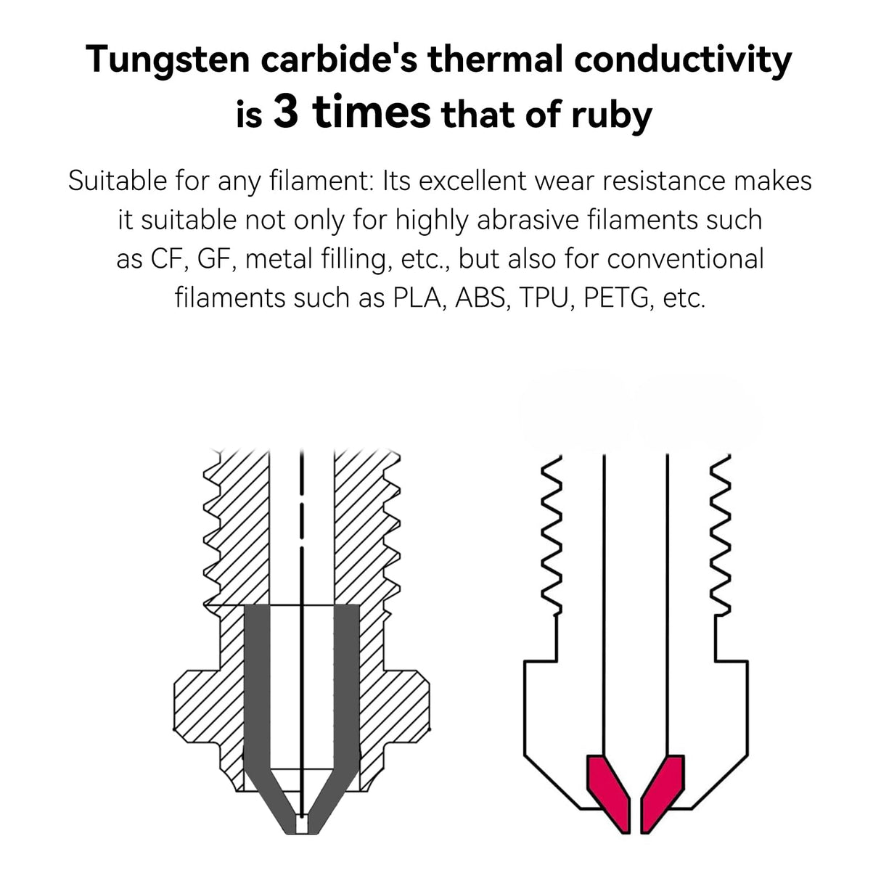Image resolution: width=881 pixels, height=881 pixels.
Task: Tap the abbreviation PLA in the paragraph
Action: (x=419, y=298)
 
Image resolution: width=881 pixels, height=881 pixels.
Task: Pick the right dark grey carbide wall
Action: (x=346, y=697)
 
